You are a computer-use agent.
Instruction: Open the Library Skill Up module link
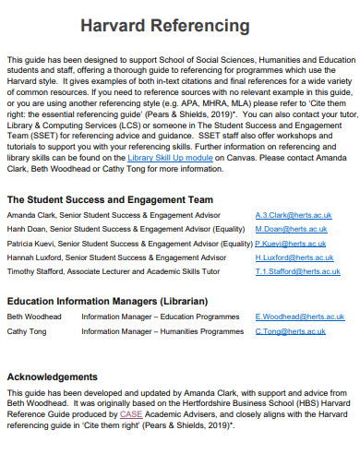[171, 158]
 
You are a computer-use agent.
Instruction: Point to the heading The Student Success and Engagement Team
[110, 199]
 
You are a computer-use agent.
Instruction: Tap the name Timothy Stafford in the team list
[35, 273]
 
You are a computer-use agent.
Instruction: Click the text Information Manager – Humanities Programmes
[162, 330]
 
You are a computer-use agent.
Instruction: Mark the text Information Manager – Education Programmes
[162, 316]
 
